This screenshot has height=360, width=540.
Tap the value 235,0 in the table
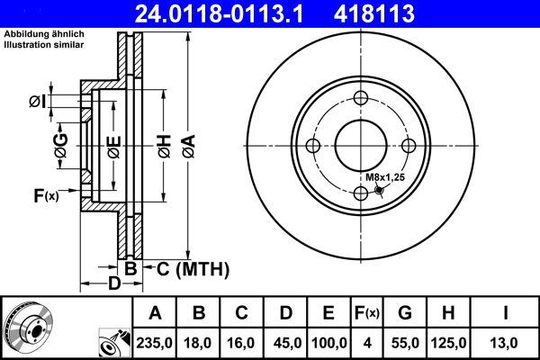pyautogui.click(x=155, y=343)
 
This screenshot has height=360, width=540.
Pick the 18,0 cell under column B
pyautogui.click(x=200, y=343)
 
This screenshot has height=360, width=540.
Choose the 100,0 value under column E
pyautogui.click(x=328, y=343)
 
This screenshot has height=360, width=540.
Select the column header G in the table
pyautogui.click(x=404, y=313)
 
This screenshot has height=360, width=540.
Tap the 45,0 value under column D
pyautogui.click(x=284, y=343)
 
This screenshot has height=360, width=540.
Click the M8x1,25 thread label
pyautogui.click(x=385, y=177)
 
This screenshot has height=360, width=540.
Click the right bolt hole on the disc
pyautogui.click(x=408, y=147)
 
